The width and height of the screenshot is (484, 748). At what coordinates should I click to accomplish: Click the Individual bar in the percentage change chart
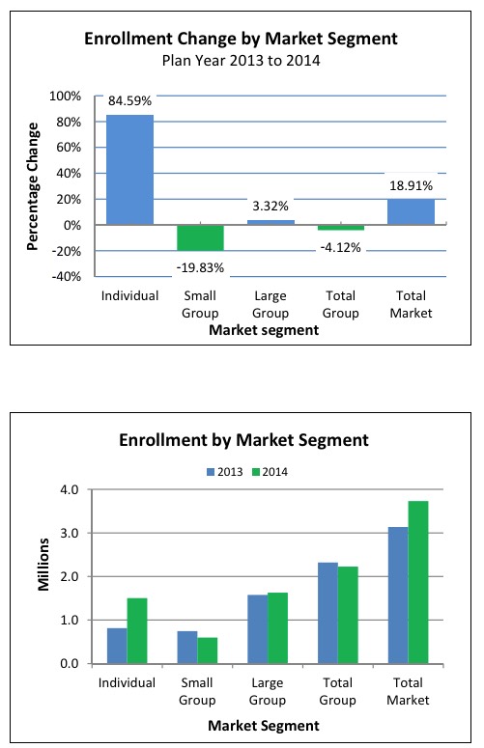click(129, 169)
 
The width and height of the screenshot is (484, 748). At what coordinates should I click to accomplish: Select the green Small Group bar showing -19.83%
click(201, 237)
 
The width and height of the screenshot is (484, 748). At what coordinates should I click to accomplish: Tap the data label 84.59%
click(129, 100)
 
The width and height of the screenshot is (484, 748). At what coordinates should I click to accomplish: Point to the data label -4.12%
click(340, 248)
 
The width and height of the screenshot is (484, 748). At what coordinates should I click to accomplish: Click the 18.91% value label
click(411, 185)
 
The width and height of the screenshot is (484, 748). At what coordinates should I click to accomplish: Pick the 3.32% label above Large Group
click(270, 207)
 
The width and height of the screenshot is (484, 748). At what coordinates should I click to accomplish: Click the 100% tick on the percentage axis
click(66, 97)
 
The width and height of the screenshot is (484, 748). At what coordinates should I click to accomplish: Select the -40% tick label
click(66, 277)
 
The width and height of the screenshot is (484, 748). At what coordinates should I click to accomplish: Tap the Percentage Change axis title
click(33, 186)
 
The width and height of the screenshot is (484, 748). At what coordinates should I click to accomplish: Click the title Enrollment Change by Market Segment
click(242, 39)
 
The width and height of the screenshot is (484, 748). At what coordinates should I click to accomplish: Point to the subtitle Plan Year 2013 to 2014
click(242, 61)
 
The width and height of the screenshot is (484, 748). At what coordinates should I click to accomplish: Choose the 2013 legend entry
click(225, 472)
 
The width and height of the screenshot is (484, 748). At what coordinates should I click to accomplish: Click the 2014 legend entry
click(270, 472)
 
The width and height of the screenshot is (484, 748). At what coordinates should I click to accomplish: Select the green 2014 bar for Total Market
click(418, 582)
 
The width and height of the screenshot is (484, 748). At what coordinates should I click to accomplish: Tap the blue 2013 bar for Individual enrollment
click(117, 646)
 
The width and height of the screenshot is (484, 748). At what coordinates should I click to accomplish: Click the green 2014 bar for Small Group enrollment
click(207, 651)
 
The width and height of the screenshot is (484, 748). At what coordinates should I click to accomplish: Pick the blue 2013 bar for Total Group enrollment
click(327, 613)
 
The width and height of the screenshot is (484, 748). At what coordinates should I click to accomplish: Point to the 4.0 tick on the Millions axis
click(70, 490)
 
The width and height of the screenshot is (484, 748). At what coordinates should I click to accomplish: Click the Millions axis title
click(43, 565)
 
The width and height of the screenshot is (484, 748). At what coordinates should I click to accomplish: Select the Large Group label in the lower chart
click(268, 691)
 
